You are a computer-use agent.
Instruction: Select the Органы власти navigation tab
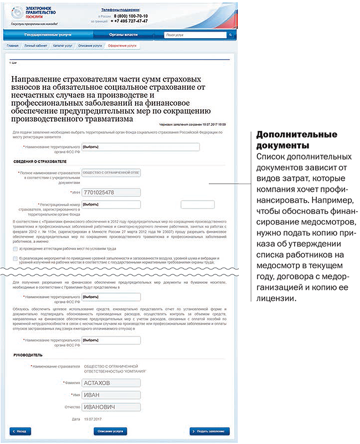point(123,35)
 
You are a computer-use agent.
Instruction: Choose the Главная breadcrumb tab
point(13,45)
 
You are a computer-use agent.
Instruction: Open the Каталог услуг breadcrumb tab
point(63,45)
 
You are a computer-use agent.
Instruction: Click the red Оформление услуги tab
point(122,45)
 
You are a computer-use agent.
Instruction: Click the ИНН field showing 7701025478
point(110,192)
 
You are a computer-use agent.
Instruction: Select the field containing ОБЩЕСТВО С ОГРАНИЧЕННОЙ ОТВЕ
point(110,173)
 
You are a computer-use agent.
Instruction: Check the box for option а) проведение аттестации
point(14,249)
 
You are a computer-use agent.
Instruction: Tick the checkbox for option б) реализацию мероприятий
point(14,259)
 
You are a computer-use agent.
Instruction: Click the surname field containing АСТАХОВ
point(110,382)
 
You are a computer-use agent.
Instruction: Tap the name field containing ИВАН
point(110,395)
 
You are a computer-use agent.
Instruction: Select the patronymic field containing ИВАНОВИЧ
point(110,407)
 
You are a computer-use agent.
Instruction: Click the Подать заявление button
point(209,431)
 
